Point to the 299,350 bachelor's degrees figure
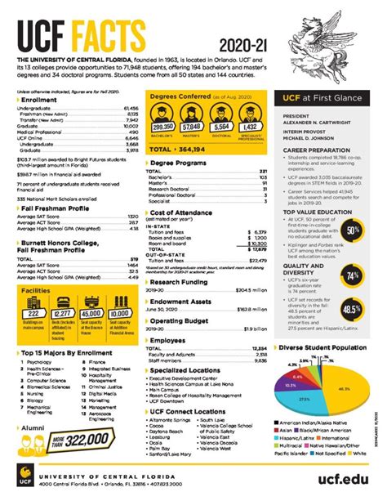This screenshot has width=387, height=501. (x=163, y=127)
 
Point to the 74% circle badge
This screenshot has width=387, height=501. (x=353, y=276)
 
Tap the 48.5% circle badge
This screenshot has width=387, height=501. (x=353, y=310)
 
